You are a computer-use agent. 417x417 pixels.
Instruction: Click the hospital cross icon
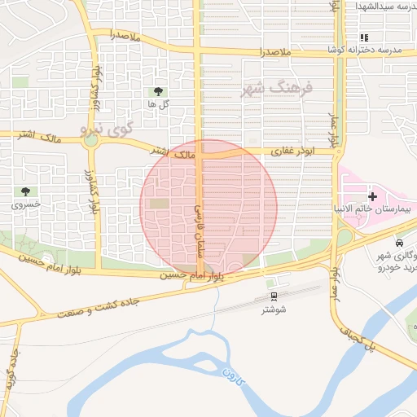(372, 196)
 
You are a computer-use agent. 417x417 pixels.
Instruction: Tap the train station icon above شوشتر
(273, 297)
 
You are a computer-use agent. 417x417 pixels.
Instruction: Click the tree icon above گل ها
(158, 92)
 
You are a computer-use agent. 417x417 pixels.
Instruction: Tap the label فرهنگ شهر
(277, 88)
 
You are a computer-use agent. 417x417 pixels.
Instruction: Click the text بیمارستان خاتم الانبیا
(376, 209)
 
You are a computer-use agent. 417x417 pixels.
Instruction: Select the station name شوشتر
(274, 310)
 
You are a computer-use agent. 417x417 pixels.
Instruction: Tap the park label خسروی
(24, 205)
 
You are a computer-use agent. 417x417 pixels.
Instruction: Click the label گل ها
(158, 105)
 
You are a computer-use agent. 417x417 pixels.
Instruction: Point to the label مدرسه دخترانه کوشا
(364, 50)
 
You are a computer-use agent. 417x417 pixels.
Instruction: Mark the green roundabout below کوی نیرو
(90, 140)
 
